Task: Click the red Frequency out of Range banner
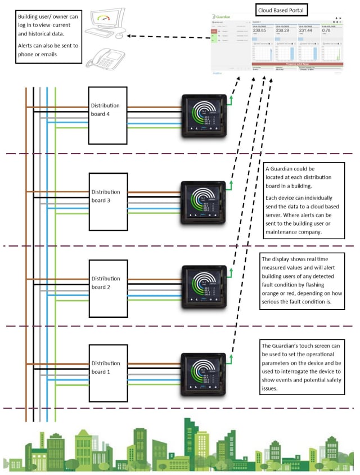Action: click(x=299, y=64)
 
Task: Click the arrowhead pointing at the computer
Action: click(x=130, y=37)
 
